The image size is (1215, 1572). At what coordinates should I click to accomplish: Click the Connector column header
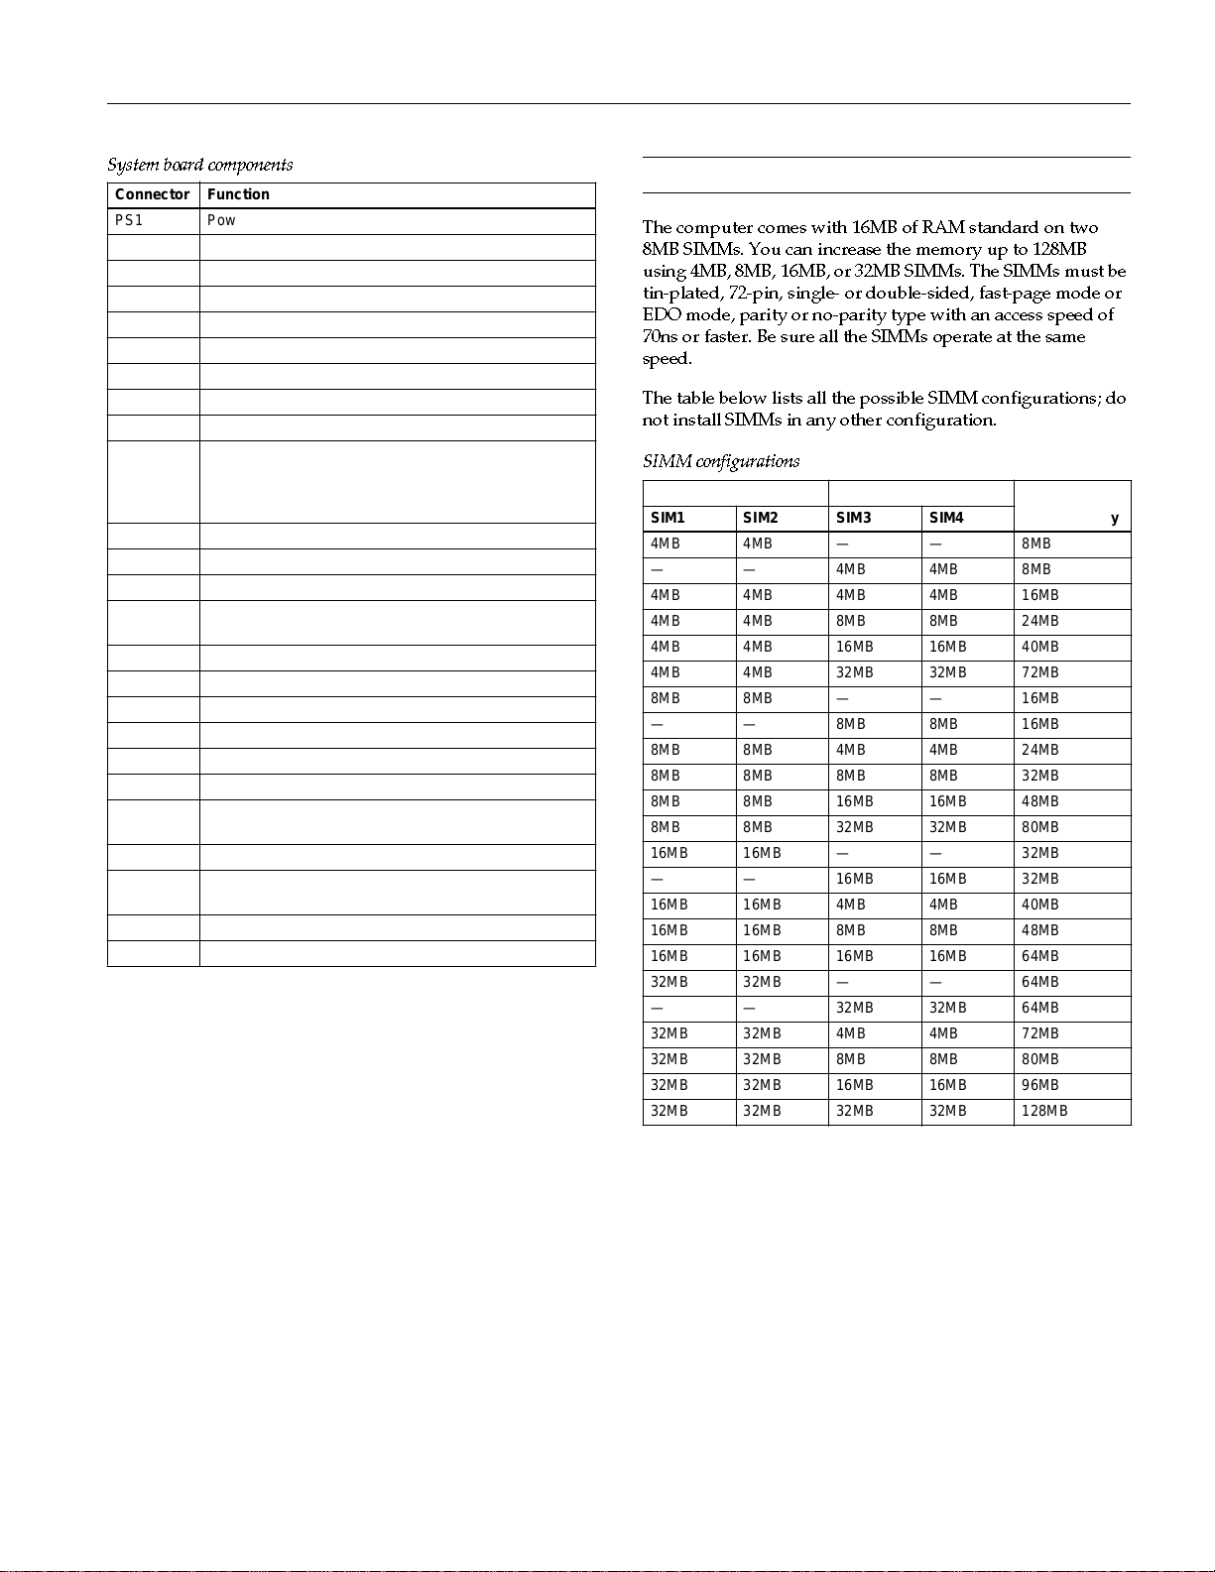(x=152, y=194)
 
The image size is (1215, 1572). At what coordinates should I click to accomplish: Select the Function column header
(x=238, y=194)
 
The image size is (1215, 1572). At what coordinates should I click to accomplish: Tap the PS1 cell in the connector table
(x=129, y=220)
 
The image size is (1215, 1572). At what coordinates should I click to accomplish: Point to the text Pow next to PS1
(x=221, y=220)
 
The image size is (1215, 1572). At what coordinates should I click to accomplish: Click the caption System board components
(x=199, y=165)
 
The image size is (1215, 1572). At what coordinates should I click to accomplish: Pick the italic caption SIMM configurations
(x=720, y=461)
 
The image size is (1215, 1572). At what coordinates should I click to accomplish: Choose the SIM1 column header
(x=668, y=518)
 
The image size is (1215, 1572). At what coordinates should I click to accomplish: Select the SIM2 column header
(x=761, y=518)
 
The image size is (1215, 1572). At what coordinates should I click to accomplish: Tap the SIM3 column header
(x=853, y=518)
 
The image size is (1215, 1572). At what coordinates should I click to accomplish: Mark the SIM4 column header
(x=946, y=518)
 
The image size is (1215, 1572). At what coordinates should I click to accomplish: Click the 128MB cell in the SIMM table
(x=1044, y=1111)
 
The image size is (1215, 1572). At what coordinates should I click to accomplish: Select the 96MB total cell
(x=1039, y=1085)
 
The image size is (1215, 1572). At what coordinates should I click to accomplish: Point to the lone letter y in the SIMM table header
(x=1115, y=518)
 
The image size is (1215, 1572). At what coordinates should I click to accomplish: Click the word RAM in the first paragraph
(x=942, y=227)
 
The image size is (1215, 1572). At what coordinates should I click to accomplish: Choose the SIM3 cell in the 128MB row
(x=854, y=1111)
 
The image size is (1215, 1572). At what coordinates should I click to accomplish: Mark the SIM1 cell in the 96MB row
(x=668, y=1085)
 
